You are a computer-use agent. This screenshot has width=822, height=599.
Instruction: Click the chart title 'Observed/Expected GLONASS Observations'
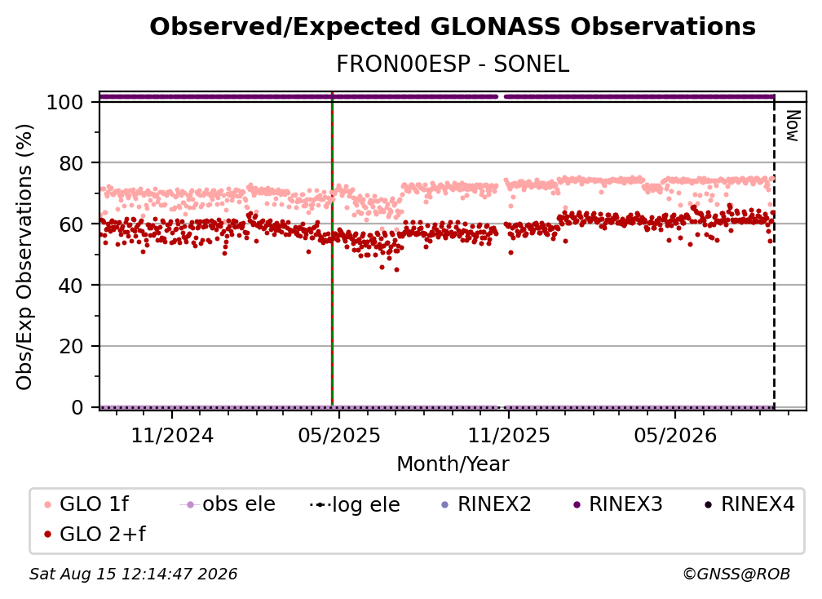(453, 27)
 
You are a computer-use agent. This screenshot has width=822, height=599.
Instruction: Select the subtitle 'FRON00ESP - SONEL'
(453, 64)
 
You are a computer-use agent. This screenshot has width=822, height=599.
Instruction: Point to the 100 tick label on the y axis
(65, 102)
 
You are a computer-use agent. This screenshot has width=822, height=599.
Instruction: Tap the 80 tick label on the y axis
(71, 163)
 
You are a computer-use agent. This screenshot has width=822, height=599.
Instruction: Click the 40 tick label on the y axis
(71, 286)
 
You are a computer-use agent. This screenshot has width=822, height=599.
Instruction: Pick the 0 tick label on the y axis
(77, 407)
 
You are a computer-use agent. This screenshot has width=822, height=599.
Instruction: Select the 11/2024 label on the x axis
(172, 435)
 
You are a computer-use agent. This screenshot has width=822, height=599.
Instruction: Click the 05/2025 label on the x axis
(339, 435)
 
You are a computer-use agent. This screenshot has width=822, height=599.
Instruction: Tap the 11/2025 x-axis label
(509, 435)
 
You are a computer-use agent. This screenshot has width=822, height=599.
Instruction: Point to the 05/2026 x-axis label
(675, 435)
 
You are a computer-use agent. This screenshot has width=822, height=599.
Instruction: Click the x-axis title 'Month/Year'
(453, 464)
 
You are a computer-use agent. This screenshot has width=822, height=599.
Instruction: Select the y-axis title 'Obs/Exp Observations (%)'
(24, 257)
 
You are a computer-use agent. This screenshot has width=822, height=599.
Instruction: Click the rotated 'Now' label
(792, 126)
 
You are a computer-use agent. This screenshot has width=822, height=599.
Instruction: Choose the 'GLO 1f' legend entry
(86, 504)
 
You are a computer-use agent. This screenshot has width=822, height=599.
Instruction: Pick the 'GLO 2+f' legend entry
(95, 534)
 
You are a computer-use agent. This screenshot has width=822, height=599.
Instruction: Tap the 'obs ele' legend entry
(228, 504)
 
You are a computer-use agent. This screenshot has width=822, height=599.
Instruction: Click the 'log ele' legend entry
(355, 504)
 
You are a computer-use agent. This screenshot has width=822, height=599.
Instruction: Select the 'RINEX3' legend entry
(618, 504)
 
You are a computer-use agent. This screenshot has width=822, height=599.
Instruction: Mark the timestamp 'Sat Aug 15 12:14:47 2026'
(133, 574)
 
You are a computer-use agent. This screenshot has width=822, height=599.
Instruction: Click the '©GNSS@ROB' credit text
(736, 574)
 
